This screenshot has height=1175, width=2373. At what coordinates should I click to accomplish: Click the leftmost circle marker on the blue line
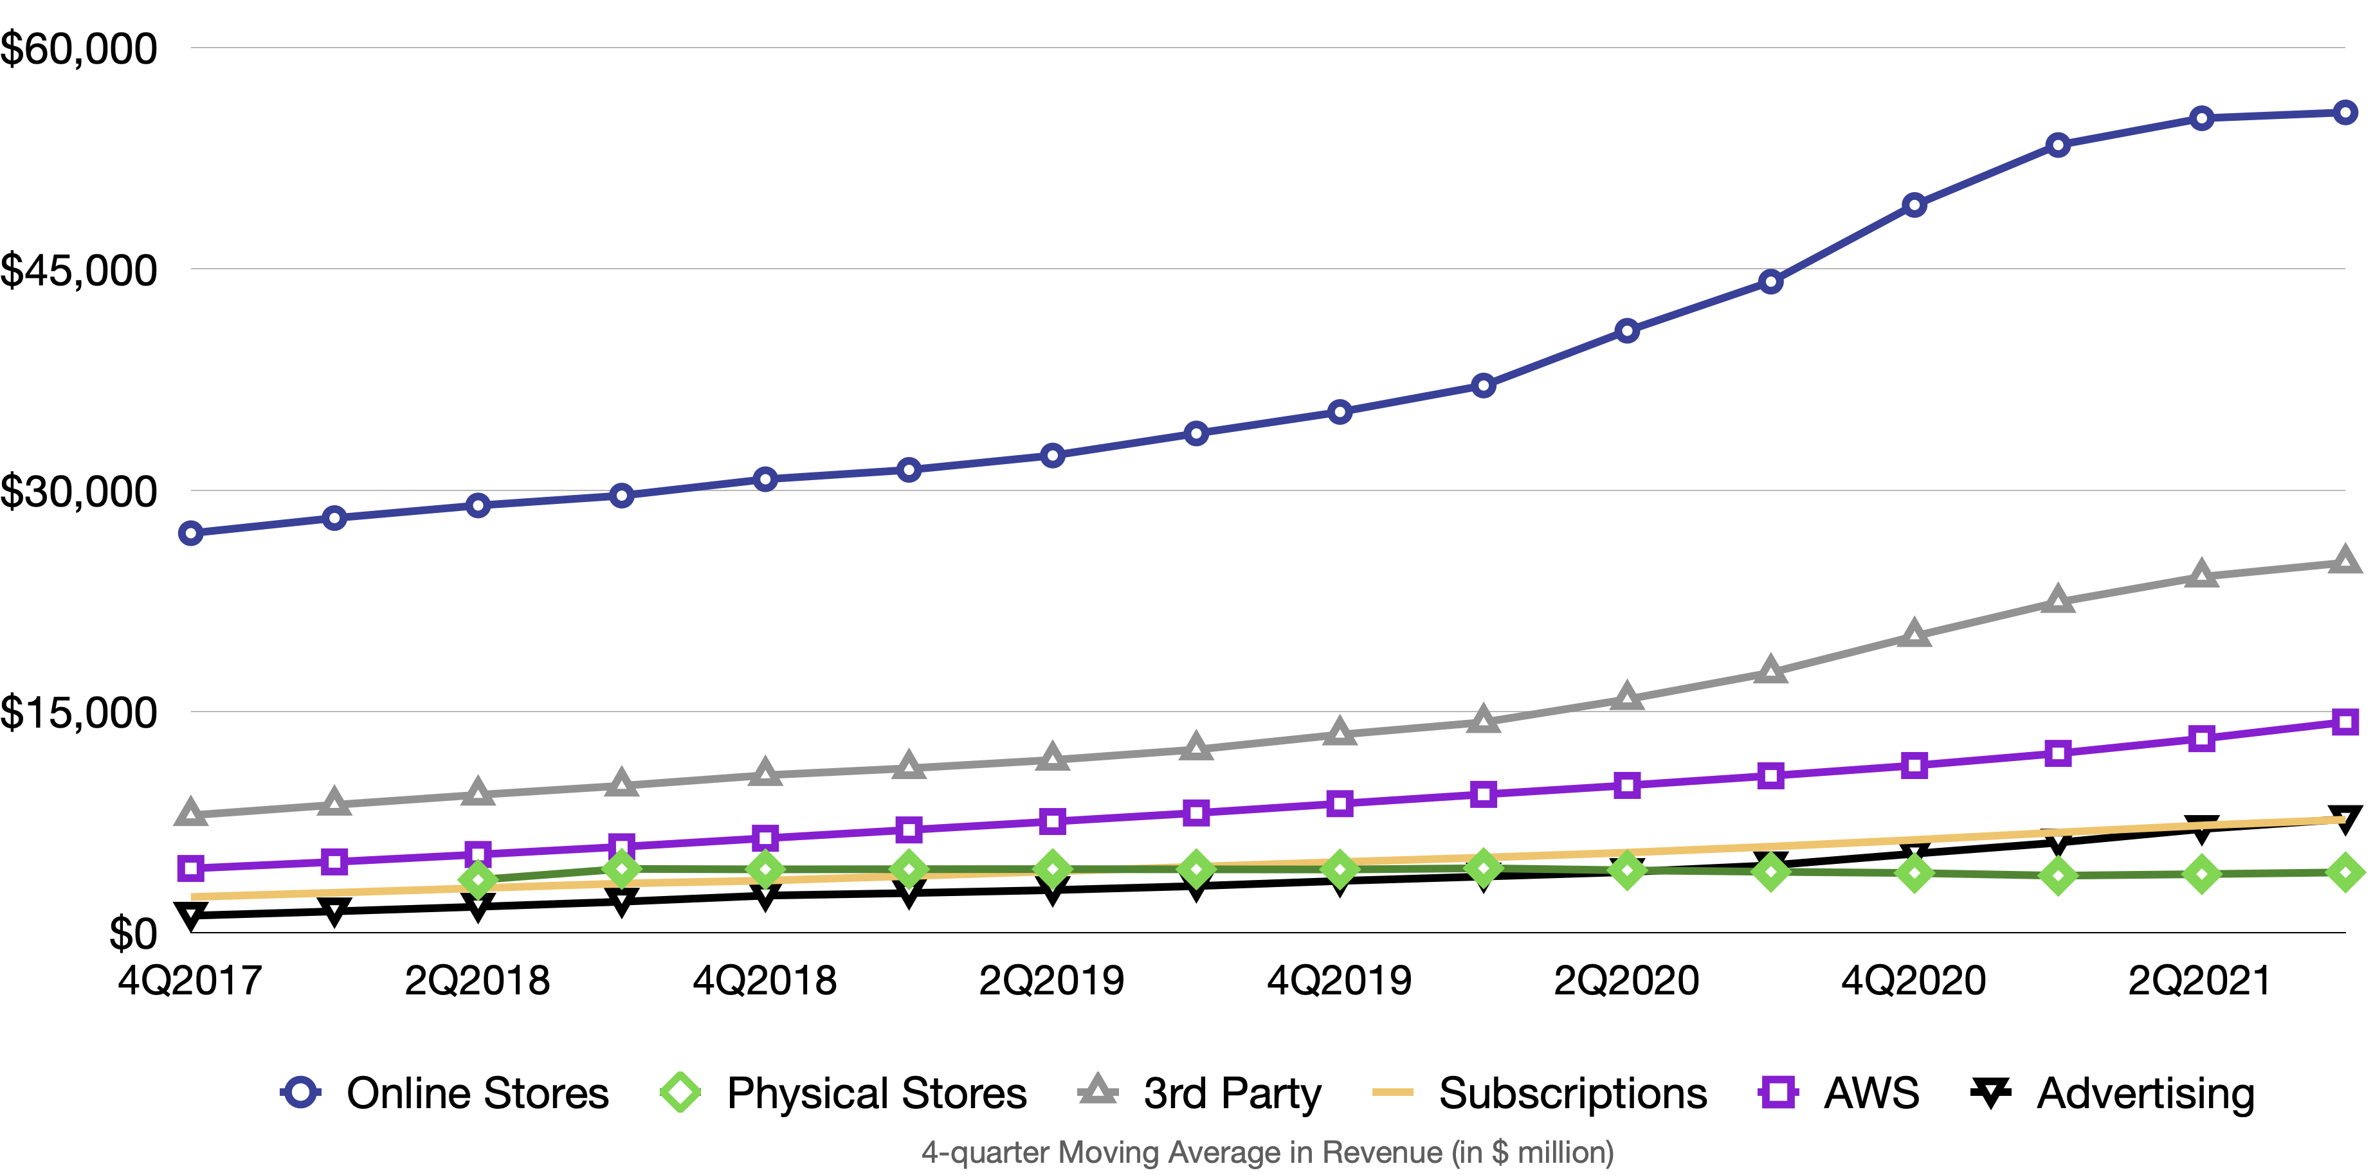tap(191, 533)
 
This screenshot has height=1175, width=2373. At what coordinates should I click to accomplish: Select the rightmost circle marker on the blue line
tap(2345, 112)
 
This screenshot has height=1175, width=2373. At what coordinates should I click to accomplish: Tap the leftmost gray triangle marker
tap(191, 813)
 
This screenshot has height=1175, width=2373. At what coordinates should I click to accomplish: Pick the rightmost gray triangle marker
tap(2345, 560)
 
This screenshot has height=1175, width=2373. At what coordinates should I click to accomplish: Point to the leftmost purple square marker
tap(191, 868)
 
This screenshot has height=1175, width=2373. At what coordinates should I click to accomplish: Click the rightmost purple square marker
tap(2345, 722)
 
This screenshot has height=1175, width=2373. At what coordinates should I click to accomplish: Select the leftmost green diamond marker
tap(478, 879)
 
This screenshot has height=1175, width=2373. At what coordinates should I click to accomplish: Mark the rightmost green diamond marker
tap(2345, 872)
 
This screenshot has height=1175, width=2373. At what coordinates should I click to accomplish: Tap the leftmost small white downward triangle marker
tap(191, 913)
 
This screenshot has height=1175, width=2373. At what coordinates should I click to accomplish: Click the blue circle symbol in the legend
tap(300, 1092)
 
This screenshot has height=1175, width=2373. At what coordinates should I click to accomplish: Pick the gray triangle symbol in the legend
tap(1097, 1090)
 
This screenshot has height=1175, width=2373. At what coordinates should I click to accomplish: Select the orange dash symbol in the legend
tap(1392, 1092)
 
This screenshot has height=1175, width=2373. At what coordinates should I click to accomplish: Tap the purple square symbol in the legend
tap(1778, 1092)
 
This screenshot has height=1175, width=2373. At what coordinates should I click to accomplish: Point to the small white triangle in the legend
tap(1991, 1090)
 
